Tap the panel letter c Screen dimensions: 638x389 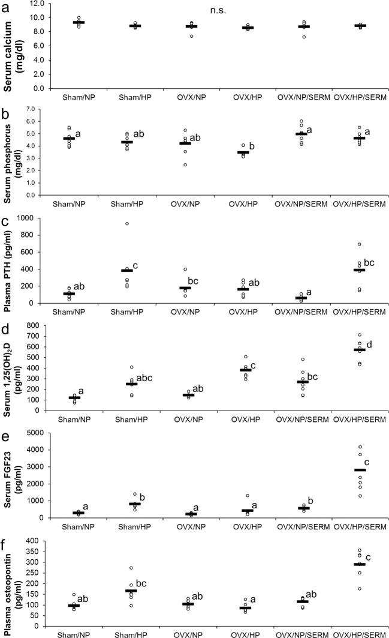pos(5,221)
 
